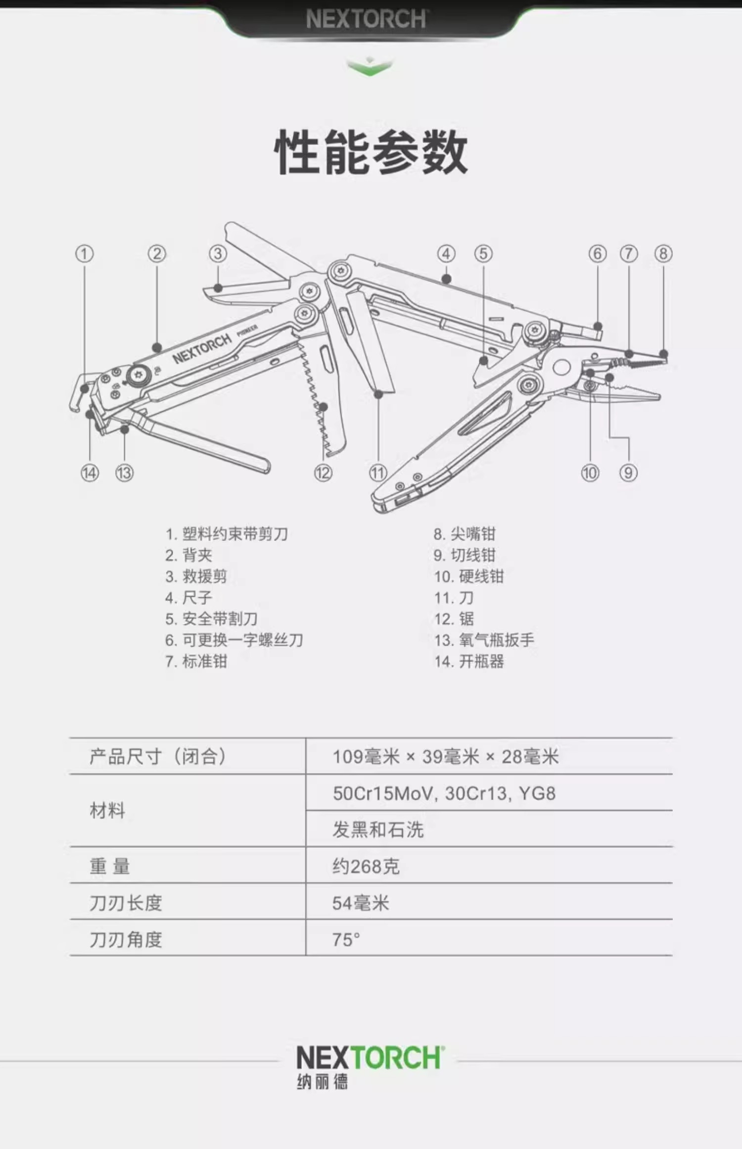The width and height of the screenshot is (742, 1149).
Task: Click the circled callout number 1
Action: [x=84, y=254]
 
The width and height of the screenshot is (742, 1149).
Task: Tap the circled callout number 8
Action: [x=663, y=254]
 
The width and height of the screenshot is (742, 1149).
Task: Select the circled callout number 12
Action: [x=323, y=473]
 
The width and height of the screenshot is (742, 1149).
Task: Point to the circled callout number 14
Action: [x=90, y=473]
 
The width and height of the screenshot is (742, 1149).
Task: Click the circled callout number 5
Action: [x=483, y=254]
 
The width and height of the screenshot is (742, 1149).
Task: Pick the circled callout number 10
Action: [x=590, y=473]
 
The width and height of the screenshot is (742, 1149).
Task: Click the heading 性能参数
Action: [x=371, y=152]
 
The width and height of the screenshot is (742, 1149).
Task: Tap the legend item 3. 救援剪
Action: [x=196, y=576]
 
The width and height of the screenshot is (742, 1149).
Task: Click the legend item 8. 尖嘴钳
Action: [x=464, y=534]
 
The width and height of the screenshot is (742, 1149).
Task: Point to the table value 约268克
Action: [x=366, y=866]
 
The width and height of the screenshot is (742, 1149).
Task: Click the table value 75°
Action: [x=346, y=939]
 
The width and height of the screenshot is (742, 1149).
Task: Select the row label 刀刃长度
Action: [x=126, y=903]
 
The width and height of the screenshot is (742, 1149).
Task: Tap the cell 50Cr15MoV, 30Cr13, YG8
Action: [x=444, y=793]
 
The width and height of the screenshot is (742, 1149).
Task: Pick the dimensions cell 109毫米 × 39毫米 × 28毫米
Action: [x=445, y=757]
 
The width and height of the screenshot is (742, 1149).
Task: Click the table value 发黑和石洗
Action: [x=378, y=830]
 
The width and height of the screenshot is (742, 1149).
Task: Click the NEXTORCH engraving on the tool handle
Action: [x=202, y=348]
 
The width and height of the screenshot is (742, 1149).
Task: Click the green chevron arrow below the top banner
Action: [x=370, y=67]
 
